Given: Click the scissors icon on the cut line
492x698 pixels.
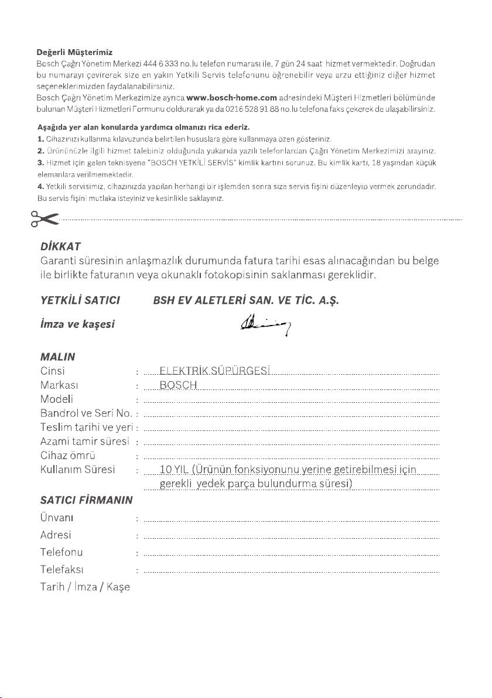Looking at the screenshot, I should pos(45,219).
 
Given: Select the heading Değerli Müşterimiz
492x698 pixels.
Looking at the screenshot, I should pos(74,53).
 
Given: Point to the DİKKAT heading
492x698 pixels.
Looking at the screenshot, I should pos(57,246).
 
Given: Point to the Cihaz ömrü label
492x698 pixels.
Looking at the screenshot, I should pos(68,455).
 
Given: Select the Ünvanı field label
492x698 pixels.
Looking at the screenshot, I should pos(57,518).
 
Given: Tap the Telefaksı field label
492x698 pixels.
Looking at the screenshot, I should pos(61,568).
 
